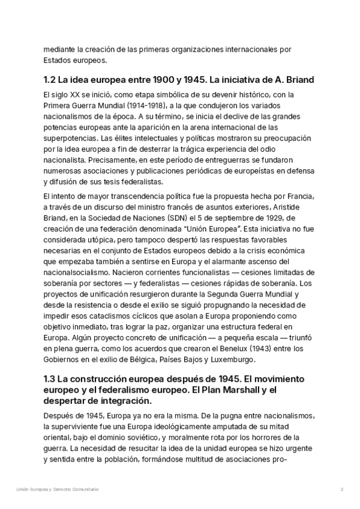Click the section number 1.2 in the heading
tap(51, 80)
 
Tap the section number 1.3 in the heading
tap(51, 379)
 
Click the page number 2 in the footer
tap(341, 490)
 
